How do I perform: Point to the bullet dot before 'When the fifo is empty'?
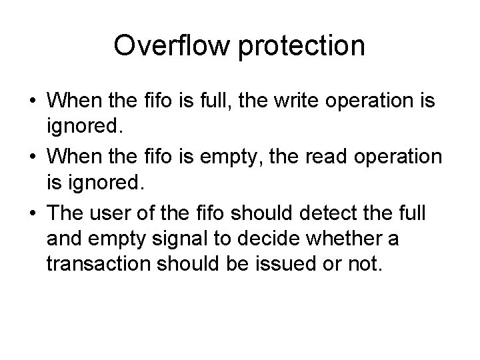click(33, 157)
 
